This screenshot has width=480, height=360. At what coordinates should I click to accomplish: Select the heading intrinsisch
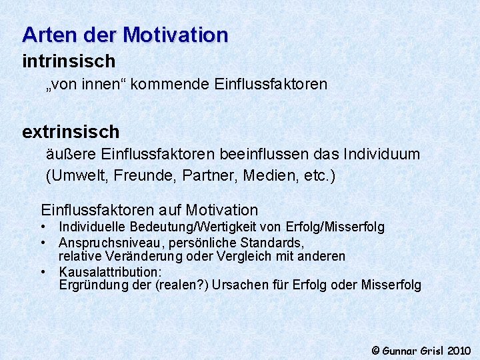pos(69,61)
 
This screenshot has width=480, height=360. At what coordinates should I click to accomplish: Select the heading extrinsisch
pos(71,131)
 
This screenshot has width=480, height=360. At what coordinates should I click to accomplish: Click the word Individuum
pos(381,154)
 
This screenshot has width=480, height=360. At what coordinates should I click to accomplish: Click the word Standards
pos(275,242)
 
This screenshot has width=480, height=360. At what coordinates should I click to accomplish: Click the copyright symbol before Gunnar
pos(375,350)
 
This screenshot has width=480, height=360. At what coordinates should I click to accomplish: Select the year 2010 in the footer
pos(459,350)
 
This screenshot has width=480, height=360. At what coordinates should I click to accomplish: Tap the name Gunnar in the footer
pos(399,350)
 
